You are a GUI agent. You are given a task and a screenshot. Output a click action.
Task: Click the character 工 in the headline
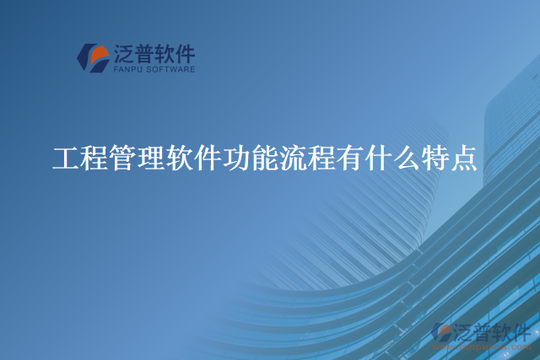tap(67, 159)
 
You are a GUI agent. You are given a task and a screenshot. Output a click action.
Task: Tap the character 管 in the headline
tap(124, 159)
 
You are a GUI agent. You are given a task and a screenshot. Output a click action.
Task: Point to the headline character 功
tap(237, 159)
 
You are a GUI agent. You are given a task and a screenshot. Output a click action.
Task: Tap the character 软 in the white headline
tap(181, 159)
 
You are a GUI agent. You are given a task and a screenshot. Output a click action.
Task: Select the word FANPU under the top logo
tap(127, 70)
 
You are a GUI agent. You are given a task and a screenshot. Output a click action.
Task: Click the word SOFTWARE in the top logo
tap(170, 70)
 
